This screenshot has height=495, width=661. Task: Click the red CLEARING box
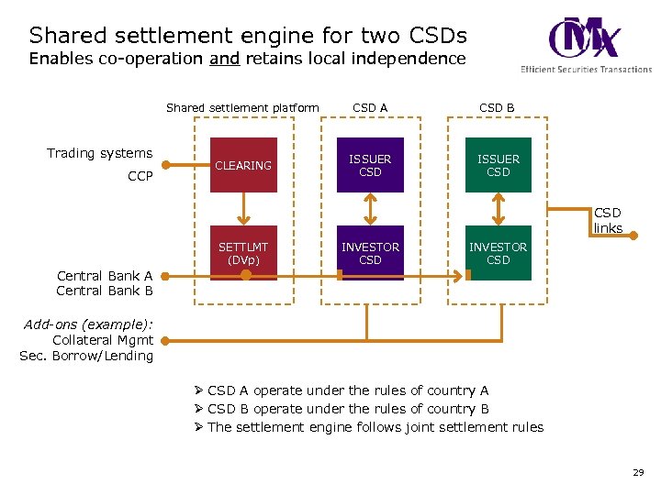pyautogui.click(x=243, y=165)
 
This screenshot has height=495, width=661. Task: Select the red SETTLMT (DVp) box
pyautogui.click(x=243, y=253)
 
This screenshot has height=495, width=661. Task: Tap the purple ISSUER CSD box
pyautogui.click(x=370, y=165)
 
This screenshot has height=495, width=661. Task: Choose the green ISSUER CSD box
pyautogui.click(x=498, y=165)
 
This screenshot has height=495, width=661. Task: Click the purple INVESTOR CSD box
pyautogui.click(x=370, y=253)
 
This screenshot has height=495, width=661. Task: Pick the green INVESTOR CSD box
pyautogui.click(x=498, y=253)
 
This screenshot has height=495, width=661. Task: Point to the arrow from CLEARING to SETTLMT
pyautogui.click(x=243, y=209)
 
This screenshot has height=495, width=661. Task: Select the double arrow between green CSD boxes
pyautogui.click(x=498, y=209)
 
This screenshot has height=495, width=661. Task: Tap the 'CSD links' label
pyautogui.click(x=608, y=220)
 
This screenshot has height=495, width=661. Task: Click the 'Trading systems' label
pyautogui.click(x=99, y=153)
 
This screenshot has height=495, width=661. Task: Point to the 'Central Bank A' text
pyautogui.click(x=105, y=275)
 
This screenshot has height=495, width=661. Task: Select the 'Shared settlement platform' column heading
pyautogui.click(x=242, y=107)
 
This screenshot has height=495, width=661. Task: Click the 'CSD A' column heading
pyautogui.click(x=370, y=107)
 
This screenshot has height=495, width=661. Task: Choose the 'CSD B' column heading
pyautogui.click(x=497, y=107)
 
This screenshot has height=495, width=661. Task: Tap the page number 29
pyautogui.click(x=638, y=472)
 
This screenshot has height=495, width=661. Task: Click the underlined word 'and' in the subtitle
pyautogui.click(x=224, y=59)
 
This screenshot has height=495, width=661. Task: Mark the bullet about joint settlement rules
pyautogui.click(x=375, y=427)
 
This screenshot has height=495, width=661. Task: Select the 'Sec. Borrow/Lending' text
pyautogui.click(x=86, y=356)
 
